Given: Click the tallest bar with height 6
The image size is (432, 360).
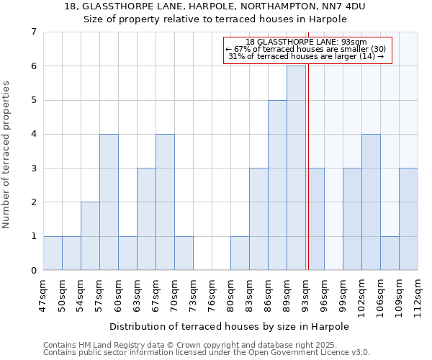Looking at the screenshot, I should [296, 168].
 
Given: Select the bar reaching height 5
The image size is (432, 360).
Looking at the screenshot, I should [277, 185].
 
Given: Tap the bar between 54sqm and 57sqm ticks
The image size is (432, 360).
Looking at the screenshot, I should [90, 236].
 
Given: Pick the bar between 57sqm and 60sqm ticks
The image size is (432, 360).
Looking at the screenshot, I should [109, 202].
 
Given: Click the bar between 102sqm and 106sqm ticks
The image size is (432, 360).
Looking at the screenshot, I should [371, 202].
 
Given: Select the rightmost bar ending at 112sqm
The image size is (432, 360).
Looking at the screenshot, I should [408, 219].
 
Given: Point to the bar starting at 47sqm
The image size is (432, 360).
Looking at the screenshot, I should [53, 253].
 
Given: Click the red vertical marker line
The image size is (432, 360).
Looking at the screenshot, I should [308, 180].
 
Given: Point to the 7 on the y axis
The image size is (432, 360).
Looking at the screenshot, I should [33, 32].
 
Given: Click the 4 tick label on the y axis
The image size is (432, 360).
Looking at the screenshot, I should [33, 134].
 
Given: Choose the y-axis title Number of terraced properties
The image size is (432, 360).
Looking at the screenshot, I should [7, 155].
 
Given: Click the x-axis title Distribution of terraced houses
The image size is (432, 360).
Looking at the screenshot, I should [229, 326].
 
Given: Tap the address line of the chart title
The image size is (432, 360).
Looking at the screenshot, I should [215, 6].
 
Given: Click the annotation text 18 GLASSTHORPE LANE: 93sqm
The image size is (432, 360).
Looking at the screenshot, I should [307, 42].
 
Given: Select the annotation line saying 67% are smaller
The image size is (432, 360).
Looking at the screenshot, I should [307, 49].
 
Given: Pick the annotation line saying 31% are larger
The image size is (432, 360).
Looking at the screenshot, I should [307, 57].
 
